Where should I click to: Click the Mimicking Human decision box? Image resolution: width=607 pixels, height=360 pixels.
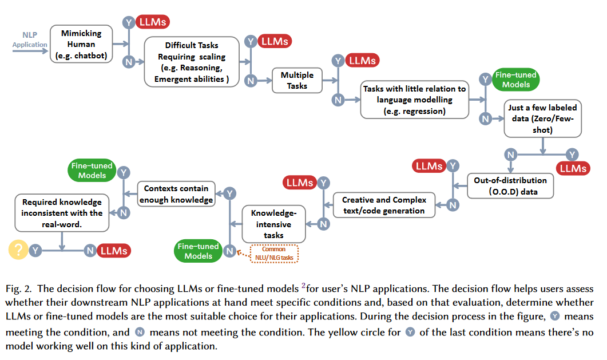pyautogui.click(x=81, y=44)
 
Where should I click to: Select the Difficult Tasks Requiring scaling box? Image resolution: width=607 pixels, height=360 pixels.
pyautogui.click(x=192, y=62)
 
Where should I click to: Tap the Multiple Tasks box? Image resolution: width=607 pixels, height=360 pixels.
pyautogui.click(x=297, y=81)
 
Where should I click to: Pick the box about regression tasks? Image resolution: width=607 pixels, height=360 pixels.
pyautogui.click(x=415, y=100)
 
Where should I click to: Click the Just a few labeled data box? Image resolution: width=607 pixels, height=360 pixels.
pyautogui.click(x=543, y=118)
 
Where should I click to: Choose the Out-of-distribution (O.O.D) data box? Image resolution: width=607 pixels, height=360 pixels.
pyautogui.click(x=510, y=186)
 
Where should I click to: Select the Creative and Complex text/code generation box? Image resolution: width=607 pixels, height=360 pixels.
pyautogui.click(x=384, y=205)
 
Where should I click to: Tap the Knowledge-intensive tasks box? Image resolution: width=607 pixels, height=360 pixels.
pyautogui.click(x=273, y=224)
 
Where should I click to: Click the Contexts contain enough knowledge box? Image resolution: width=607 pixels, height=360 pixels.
pyautogui.click(x=176, y=194)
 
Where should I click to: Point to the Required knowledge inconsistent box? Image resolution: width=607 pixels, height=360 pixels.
pyautogui.click(x=62, y=213)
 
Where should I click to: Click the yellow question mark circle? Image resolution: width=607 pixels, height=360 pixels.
pyautogui.click(x=18, y=250)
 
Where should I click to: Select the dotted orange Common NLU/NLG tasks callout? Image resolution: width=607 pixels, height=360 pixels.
pyautogui.click(x=274, y=254)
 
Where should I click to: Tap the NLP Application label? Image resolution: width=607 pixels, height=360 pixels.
pyautogui.click(x=29, y=39)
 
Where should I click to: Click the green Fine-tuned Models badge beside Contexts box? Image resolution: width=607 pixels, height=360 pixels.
pyautogui.click(x=92, y=171)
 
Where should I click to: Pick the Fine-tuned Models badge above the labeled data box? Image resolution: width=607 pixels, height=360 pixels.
pyautogui.click(x=516, y=80)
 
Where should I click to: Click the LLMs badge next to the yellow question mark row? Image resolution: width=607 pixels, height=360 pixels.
pyautogui.click(x=114, y=251)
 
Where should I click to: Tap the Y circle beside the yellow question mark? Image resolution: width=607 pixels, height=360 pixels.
pyautogui.click(x=35, y=251)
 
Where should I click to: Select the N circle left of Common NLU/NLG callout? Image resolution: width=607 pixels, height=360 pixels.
pyautogui.click(x=230, y=251)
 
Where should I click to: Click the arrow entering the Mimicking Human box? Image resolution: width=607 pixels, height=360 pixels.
pyautogui.click(x=30, y=51)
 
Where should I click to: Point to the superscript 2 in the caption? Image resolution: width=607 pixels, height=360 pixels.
pyautogui.click(x=303, y=286)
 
